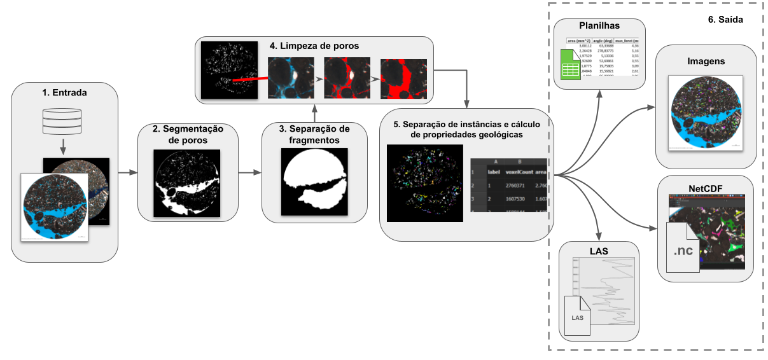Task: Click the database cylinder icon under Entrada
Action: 62,122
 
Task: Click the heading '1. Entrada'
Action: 64,93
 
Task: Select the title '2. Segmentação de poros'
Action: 188,134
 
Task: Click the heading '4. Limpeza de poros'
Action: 314,46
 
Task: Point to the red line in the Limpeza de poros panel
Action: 249,80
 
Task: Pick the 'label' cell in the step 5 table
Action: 494,171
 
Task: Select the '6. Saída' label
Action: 725,20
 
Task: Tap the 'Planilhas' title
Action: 599,26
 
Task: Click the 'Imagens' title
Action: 706,61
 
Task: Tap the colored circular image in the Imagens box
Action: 705,112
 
